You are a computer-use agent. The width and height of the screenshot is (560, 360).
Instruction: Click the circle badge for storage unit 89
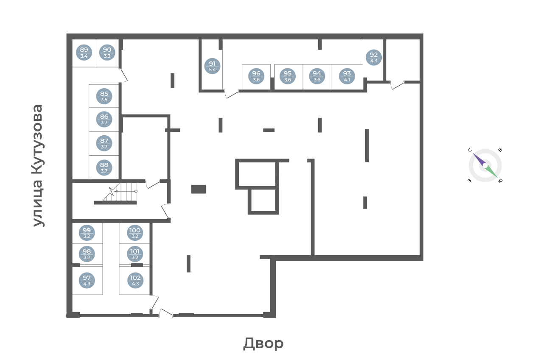tap(84, 53)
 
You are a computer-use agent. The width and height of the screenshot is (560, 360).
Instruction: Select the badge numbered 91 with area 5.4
tap(212, 66)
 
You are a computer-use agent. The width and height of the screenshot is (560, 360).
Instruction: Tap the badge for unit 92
tap(374, 58)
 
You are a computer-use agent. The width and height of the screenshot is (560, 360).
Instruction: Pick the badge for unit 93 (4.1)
tap(347, 76)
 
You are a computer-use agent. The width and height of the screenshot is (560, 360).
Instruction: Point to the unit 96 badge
tap(256, 76)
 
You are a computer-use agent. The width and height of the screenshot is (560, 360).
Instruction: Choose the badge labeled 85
tap(104, 96)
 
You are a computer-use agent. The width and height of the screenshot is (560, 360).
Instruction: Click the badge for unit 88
tap(104, 167)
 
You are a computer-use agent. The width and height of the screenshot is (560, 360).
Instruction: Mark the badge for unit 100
tap(135, 233)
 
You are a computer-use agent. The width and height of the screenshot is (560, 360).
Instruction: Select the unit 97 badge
tap(87, 280)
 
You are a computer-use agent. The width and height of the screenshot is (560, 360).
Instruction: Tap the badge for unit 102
tap(135, 280)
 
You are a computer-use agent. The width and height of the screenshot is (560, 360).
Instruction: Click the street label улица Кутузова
tap(38, 166)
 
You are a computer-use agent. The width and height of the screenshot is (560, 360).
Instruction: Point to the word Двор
tap(263, 343)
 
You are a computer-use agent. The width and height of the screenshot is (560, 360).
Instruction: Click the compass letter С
tap(470, 150)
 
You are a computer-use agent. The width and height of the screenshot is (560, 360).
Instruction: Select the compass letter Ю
tap(500, 181)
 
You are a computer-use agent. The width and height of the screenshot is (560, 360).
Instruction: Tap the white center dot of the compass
tap(485, 165)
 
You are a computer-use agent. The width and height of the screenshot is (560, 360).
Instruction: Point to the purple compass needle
tap(478, 159)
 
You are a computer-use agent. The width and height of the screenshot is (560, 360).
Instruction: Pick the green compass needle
tap(492, 172)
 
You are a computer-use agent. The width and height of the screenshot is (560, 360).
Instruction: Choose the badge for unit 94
tap(317, 76)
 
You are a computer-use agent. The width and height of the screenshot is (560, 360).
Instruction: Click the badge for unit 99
tap(87, 233)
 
